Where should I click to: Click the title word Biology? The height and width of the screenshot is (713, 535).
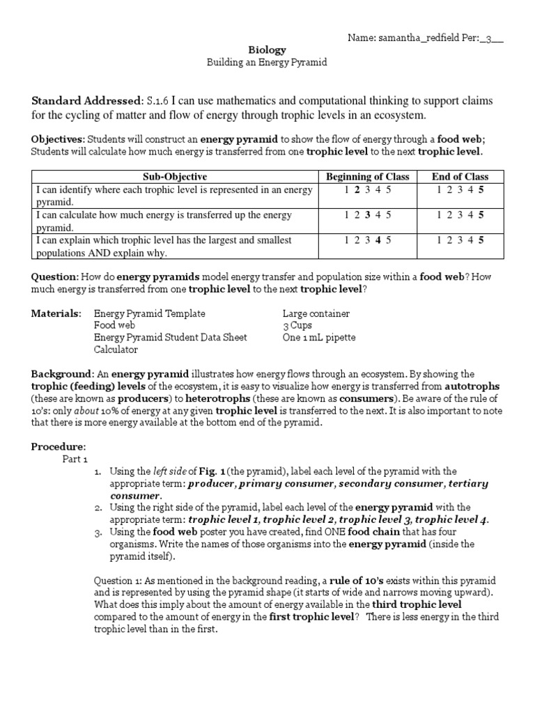(267, 50)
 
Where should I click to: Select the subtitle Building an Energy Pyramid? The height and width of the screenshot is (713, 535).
(267, 63)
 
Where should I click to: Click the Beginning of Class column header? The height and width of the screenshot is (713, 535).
(367, 176)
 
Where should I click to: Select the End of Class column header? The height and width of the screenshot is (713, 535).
(460, 176)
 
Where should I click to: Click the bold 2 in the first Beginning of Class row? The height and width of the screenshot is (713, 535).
(357, 189)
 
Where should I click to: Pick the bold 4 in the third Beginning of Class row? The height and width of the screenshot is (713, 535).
(377, 240)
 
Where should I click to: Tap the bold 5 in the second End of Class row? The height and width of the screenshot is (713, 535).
(481, 214)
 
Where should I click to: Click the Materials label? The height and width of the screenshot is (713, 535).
(56, 314)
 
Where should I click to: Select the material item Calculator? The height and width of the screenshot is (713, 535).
(116, 350)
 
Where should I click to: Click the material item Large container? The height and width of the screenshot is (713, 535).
(316, 314)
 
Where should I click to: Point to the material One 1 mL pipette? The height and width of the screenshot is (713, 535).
(319, 338)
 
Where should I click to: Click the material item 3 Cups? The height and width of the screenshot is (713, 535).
(297, 326)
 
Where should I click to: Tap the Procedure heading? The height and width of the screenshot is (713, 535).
(59, 446)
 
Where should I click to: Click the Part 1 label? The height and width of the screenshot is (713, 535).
(75, 459)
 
